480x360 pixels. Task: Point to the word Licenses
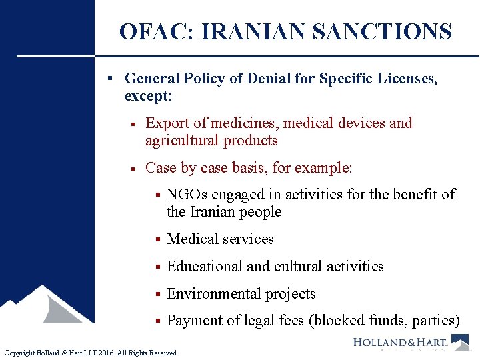point(405,79)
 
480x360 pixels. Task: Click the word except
point(149,96)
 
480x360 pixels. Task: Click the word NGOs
point(185,194)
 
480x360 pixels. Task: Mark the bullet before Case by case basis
point(135,168)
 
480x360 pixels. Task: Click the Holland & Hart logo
point(410,343)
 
